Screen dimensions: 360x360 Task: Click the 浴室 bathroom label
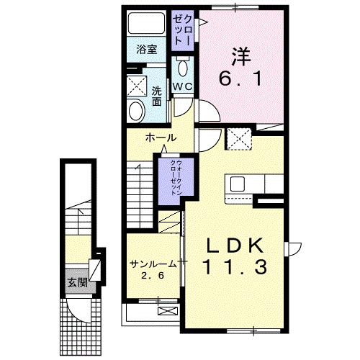coord(146,50)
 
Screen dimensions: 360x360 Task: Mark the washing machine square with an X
coord(136,84)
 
